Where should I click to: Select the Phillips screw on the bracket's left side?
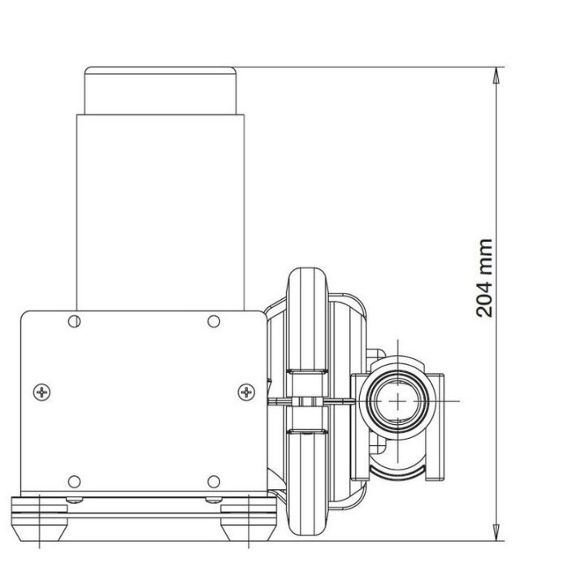42,393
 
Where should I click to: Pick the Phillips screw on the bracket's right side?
245,393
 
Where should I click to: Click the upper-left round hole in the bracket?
75,321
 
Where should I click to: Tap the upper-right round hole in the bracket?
214,321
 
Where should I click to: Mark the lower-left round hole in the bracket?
75,480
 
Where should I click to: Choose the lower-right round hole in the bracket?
214,480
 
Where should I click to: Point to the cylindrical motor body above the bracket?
161,211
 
